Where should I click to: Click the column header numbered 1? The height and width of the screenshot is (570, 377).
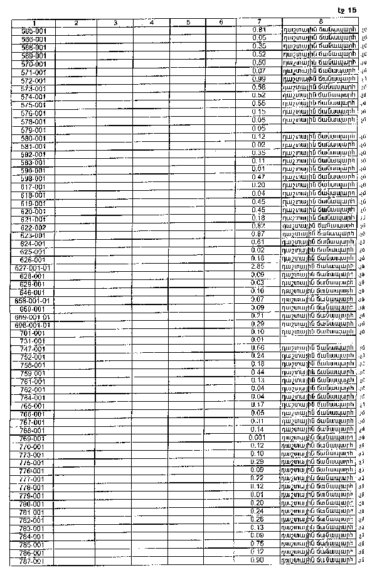(x=33, y=23)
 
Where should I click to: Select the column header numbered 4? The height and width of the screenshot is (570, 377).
(x=151, y=23)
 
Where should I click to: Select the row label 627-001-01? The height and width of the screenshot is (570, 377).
(x=33, y=268)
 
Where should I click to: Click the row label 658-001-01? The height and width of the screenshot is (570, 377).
(x=33, y=301)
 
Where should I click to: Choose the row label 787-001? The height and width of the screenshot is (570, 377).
(x=33, y=561)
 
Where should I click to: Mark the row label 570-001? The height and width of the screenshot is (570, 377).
(x=33, y=64)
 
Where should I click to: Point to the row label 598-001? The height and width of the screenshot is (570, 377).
(x=33, y=178)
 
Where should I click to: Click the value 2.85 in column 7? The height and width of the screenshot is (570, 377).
(x=258, y=267)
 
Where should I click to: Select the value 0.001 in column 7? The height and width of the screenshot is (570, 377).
(x=258, y=438)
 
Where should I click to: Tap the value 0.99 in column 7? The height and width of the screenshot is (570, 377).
(x=258, y=79)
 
